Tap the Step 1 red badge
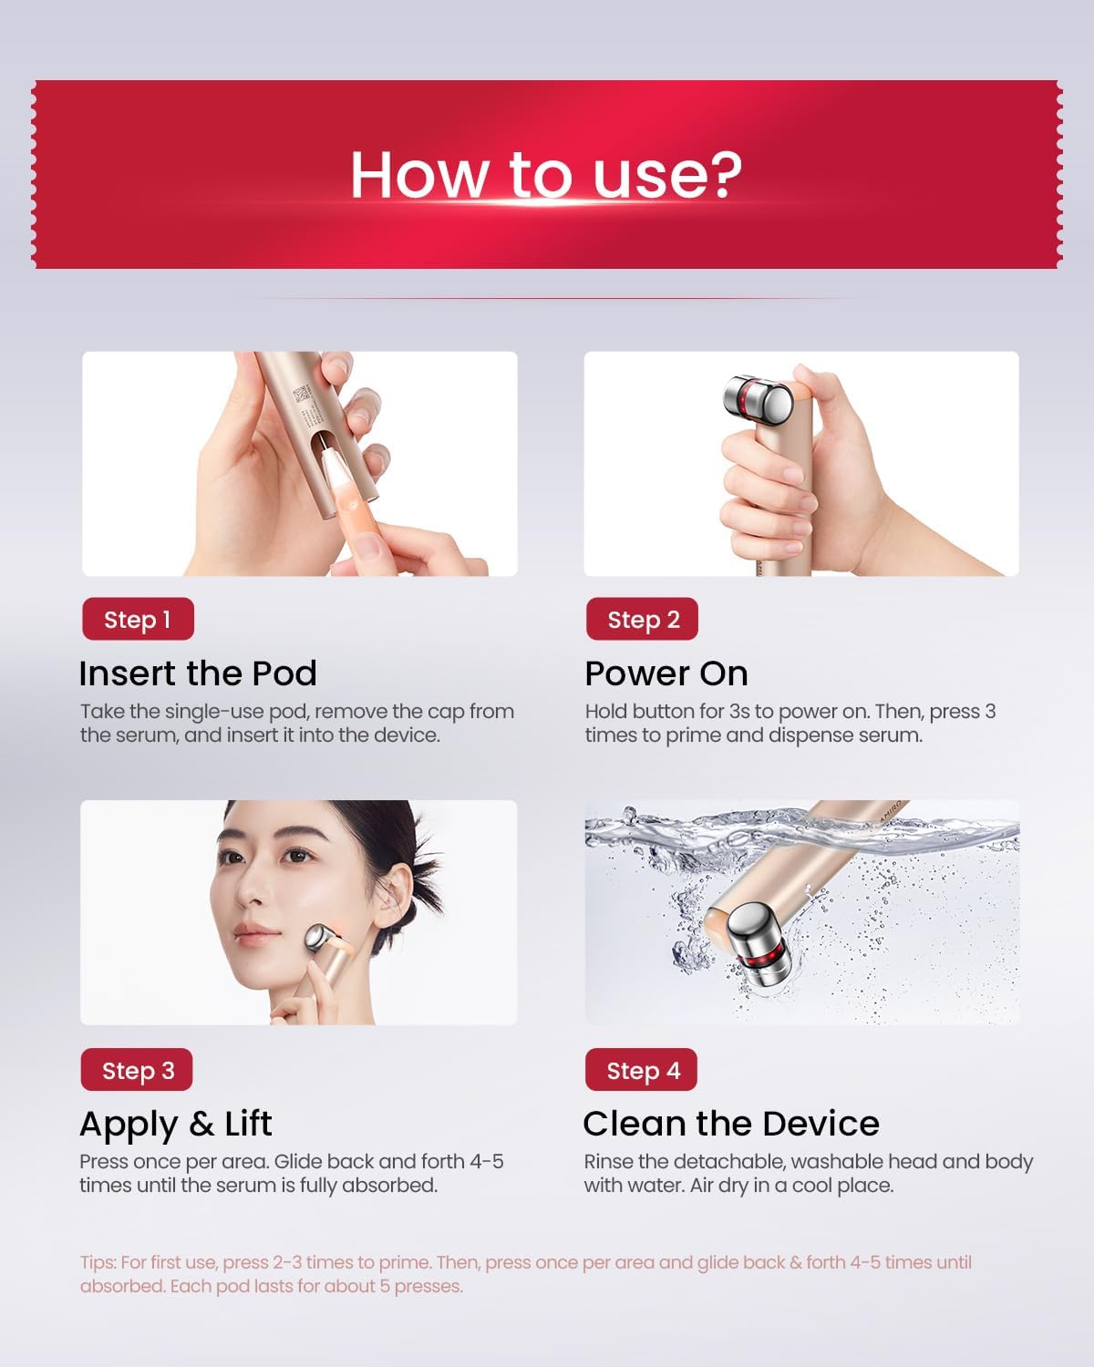[x=138, y=620]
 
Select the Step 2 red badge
[x=643, y=620]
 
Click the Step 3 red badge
[x=138, y=1070]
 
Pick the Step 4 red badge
[x=642, y=1070]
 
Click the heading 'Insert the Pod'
[x=198, y=673]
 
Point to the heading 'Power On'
[x=666, y=673]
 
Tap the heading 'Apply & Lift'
[x=176, y=1124]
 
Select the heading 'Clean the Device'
[x=731, y=1124]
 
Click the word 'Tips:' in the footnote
[x=98, y=1263]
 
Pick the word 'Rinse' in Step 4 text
[x=608, y=1162]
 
